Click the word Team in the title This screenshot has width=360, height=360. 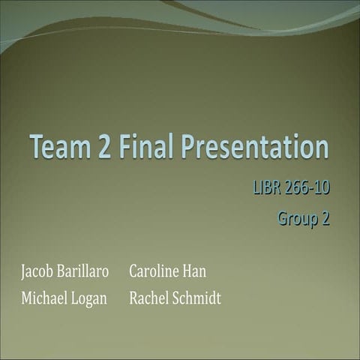tap(59, 148)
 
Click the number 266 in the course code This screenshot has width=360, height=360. tap(298, 187)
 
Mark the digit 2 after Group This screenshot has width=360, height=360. tap(325, 219)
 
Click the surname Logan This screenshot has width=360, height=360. tap(90, 299)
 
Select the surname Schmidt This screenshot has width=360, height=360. tap(197, 298)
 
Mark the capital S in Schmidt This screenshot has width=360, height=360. tap(177, 298)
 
